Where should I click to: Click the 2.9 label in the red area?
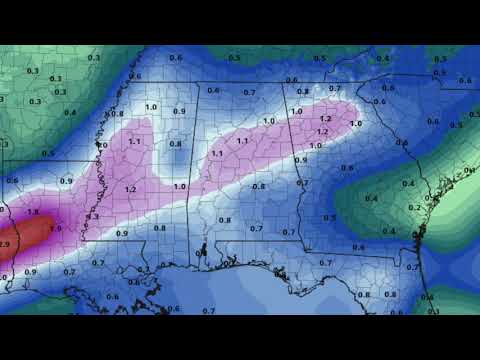[x=5, y=244]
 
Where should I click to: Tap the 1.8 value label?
[x=33, y=212]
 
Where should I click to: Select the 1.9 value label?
[x=55, y=229]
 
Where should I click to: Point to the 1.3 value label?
[x=94, y=216]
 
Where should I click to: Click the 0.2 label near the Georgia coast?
[x=414, y=207]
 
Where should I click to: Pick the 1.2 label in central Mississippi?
[x=131, y=188]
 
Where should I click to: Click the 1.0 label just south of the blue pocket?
[x=180, y=186]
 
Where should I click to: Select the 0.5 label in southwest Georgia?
[x=330, y=216]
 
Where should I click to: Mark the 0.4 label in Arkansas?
[x=70, y=112]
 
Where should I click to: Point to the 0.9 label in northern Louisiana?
[x=67, y=181]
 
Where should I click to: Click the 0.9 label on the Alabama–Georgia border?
[x=301, y=160]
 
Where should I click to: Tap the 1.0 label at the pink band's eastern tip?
[x=356, y=123]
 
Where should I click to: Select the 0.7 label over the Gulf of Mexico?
[x=208, y=311]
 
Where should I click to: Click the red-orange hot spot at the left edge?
[x=10, y=240]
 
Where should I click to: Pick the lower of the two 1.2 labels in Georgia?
[x=322, y=132]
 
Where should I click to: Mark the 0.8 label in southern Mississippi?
[x=161, y=228]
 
